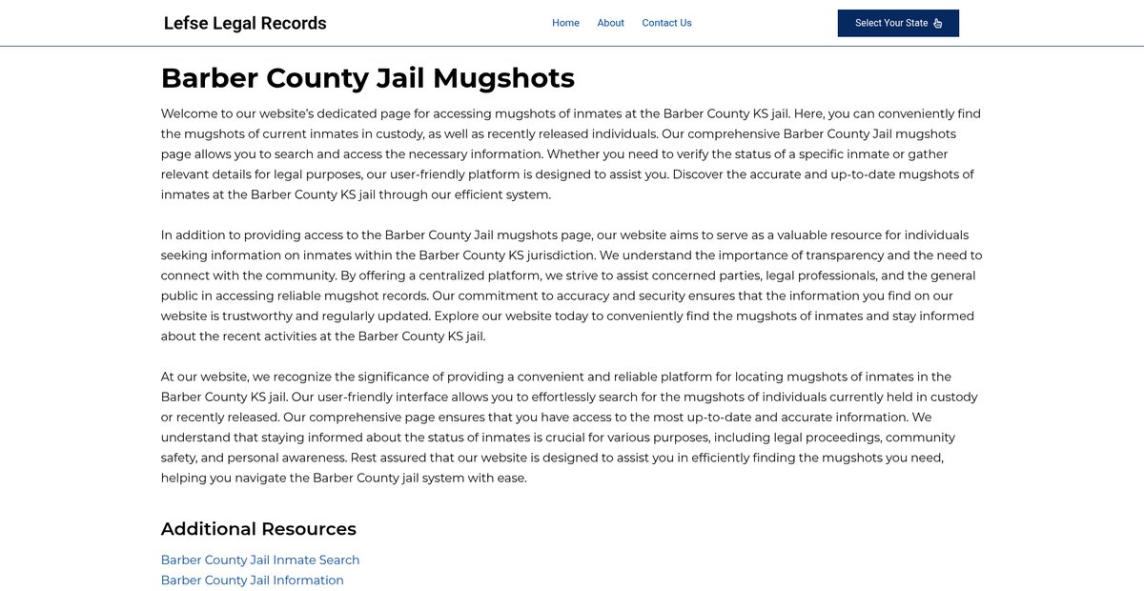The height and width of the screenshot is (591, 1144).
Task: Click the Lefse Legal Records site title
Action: (x=245, y=24)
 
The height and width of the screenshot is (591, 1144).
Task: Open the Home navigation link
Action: (x=565, y=23)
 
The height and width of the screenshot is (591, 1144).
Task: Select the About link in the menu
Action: (x=610, y=23)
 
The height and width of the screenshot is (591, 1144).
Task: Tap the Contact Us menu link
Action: (x=666, y=23)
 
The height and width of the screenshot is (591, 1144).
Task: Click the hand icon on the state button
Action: (x=938, y=24)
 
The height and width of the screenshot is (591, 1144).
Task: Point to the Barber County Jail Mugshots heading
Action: (x=367, y=77)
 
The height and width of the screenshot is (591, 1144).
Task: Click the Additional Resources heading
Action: (x=258, y=529)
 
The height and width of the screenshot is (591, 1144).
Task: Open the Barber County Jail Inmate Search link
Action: (x=260, y=560)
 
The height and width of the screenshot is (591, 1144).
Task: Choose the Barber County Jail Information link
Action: (x=252, y=581)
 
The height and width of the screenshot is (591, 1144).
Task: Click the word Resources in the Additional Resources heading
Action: (x=309, y=529)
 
